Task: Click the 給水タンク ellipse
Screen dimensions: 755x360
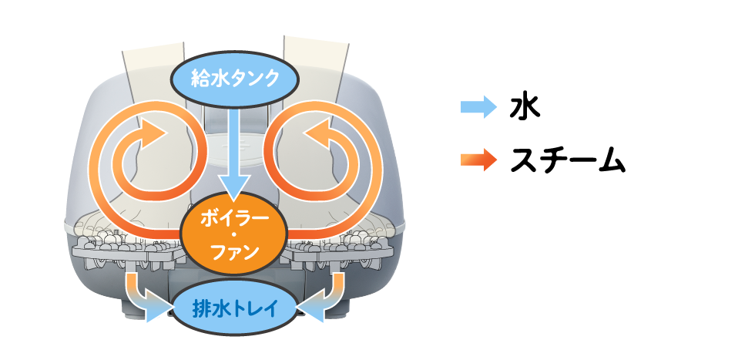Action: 235,79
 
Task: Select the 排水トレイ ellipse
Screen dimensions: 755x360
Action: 234,309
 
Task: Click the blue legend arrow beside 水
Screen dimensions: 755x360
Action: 478,107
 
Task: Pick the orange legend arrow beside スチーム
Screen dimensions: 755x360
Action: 478,159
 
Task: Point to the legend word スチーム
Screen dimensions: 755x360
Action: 567,160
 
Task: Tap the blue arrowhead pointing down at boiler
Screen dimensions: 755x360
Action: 234,188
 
